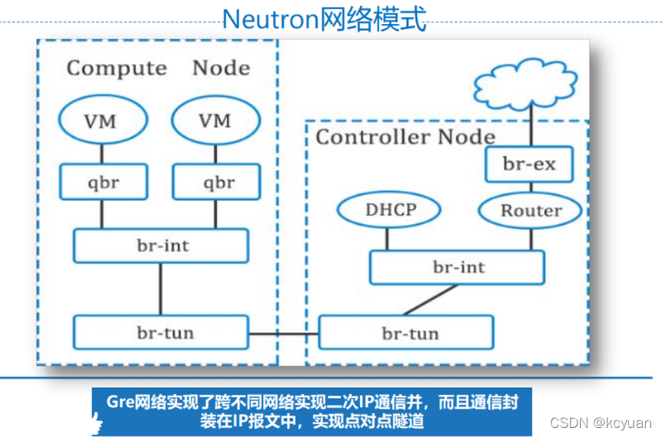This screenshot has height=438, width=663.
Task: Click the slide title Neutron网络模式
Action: point(324,19)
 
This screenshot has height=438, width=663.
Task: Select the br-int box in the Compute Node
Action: point(161,246)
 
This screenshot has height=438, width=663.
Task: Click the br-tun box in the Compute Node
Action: point(161,332)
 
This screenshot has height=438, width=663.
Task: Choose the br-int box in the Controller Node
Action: point(458,268)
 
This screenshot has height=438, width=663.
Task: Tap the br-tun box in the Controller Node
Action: point(406,333)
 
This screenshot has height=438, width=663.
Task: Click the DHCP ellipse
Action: point(389,210)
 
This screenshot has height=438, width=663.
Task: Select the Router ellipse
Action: point(531,210)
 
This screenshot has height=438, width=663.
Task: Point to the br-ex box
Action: point(530,164)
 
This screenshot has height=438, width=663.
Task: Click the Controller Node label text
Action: point(405,137)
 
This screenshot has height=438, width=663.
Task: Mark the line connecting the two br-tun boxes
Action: point(283,333)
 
